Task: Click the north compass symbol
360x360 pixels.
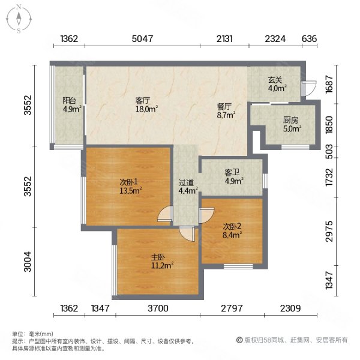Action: point(19,19)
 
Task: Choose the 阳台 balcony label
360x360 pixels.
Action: point(68,101)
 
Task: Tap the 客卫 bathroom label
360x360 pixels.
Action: point(233,172)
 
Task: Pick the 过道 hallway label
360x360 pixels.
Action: point(185,183)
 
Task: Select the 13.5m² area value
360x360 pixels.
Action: point(130,191)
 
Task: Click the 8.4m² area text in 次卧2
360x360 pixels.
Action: point(233,235)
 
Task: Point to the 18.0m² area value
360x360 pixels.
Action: point(146,109)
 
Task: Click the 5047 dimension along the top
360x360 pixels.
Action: point(143,40)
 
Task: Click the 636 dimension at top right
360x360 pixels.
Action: point(308,40)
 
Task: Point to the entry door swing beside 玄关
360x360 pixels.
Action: point(305,88)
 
